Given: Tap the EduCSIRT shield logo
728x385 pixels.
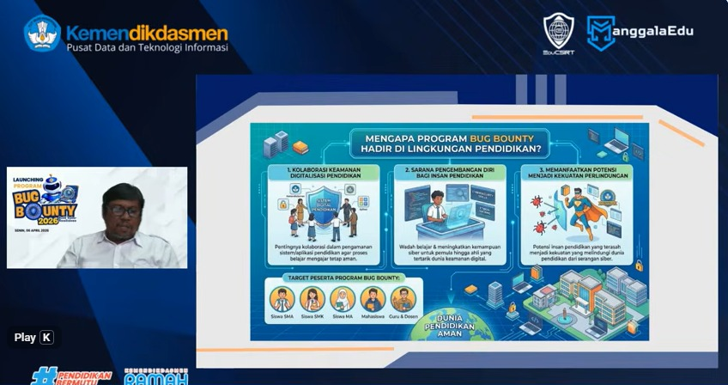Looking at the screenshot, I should tap(559, 31).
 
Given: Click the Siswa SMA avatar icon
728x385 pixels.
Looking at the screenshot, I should tap(282, 297).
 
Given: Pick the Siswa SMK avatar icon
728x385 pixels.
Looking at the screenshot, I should tap(312, 297).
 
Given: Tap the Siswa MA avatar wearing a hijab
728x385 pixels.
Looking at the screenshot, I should tap(342, 297).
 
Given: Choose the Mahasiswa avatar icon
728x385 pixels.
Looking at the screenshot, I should tap(373, 297).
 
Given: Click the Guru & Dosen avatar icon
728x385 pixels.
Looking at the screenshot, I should tap(403, 297).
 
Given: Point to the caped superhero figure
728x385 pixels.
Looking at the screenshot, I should tap(584, 211).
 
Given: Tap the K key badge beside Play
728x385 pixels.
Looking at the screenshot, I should tap(46, 337).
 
